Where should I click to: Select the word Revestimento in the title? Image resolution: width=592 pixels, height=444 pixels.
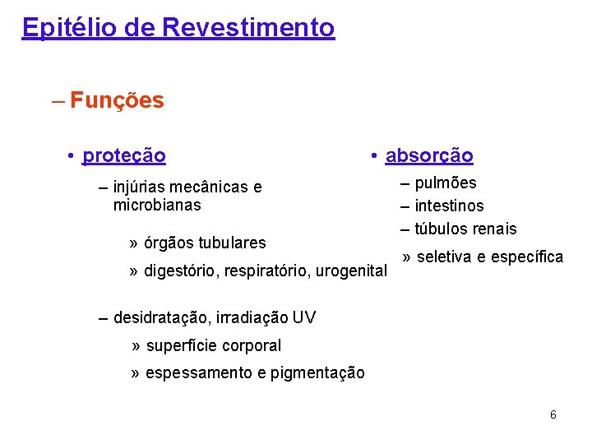248,28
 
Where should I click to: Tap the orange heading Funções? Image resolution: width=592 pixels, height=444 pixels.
117,101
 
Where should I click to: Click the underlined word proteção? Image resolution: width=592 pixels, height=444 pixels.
124,155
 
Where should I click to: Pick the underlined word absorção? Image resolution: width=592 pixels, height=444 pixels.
429,155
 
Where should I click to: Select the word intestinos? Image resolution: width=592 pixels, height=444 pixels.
449,206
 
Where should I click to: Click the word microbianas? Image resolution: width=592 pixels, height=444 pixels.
157,205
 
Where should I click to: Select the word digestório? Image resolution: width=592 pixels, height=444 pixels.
178,271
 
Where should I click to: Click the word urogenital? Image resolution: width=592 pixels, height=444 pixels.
351,271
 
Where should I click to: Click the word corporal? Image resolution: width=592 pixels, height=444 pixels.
248,345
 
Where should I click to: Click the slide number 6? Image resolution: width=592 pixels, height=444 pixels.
553,414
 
